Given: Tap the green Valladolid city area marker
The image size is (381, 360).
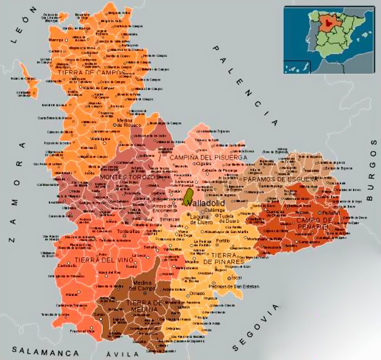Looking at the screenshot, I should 188,197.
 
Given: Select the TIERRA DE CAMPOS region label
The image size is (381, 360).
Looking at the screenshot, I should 91,72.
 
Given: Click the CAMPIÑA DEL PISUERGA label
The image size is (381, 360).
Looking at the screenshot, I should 208,157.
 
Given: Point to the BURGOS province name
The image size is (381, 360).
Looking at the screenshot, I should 372,169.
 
